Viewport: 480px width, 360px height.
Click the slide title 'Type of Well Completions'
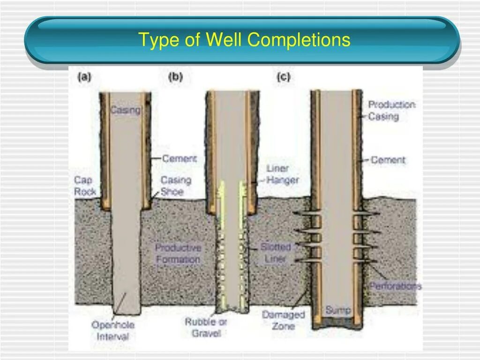pos(244,40)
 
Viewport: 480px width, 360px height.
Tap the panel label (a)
pos(84,78)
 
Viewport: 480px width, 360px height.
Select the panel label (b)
pos(175,78)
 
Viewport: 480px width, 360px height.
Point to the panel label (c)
pos(283,78)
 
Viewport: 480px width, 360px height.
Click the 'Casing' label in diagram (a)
pos(125,111)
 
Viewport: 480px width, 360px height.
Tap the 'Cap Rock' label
pos(85,186)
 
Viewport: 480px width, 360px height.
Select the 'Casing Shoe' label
pos(176,186)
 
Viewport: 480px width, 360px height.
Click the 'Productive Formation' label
pos(178,253)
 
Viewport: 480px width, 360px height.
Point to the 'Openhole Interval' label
pos(112,330)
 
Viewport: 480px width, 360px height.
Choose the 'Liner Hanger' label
pos(282,174)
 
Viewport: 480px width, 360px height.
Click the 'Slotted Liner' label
pos(276,253)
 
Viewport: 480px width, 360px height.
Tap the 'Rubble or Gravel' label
pos(206,327)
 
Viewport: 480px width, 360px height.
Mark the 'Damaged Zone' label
pos(283,320)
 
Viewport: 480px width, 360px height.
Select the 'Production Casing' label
pos(391,111)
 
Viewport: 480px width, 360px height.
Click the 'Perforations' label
pos(395,286)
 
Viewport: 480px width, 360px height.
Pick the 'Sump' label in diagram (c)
pos(338,310)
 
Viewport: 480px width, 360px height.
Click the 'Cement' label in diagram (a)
pos(180,159)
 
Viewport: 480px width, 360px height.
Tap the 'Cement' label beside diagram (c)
pos(388,160)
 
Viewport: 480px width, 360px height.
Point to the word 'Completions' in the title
pos(299,40)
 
